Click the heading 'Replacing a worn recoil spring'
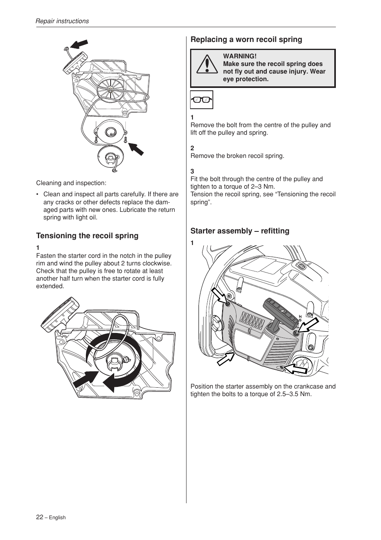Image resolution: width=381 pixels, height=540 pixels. click(x=246, y=40)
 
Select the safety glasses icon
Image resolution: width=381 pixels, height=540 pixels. click(x=201, y=100)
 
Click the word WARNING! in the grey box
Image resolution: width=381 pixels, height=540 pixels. click(x=240, y=56)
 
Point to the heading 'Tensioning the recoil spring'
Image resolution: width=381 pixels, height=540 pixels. click(x=87, y=236)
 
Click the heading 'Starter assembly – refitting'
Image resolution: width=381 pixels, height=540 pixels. click(x=240, y=231)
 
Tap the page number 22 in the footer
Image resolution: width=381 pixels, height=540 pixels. click(x=40, y=517)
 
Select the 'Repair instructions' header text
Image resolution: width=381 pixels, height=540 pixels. click(x=62, y=21)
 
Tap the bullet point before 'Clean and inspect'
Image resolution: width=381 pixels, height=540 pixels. click(x=37, y=195)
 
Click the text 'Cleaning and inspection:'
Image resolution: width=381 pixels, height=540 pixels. click(x=71, y=183)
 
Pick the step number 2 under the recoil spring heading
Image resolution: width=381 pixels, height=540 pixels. click(x=192, y=148)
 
